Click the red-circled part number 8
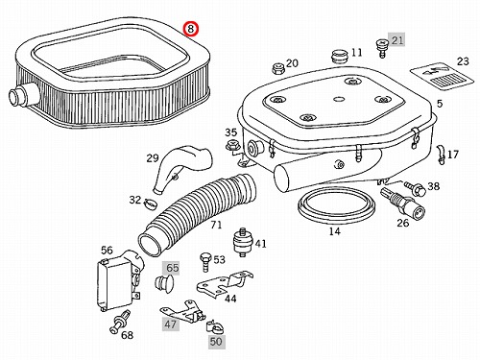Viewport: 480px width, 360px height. click(x=191, y=29)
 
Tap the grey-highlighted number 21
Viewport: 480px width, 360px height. click(x=397, y=40)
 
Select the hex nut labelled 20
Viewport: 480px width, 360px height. click(x=276, y=68)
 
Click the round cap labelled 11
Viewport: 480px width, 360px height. click(x=339, y=57)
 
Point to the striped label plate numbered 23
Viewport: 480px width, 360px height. click(x=442, y=77)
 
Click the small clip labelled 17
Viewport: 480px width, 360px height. click(x=442, y=154)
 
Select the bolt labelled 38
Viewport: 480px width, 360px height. click(x=416, y=188)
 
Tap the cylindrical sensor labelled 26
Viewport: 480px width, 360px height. click(x=402, y=202)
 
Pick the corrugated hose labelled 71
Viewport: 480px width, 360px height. click(x=197, y=214)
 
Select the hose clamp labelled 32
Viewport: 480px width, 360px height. click(x=150, y=203)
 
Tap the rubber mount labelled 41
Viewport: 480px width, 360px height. click(x=243, y=242)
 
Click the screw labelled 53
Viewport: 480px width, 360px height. click(x=204, y=262)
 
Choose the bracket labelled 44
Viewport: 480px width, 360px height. click(x=224, y=285)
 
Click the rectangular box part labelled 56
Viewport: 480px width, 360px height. click(x=119, y=280)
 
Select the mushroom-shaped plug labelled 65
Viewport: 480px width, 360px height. click(x=164, y=283)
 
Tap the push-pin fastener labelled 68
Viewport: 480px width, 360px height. click(x=120, y=321)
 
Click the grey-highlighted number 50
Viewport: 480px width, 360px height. click(x=216, y=341)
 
